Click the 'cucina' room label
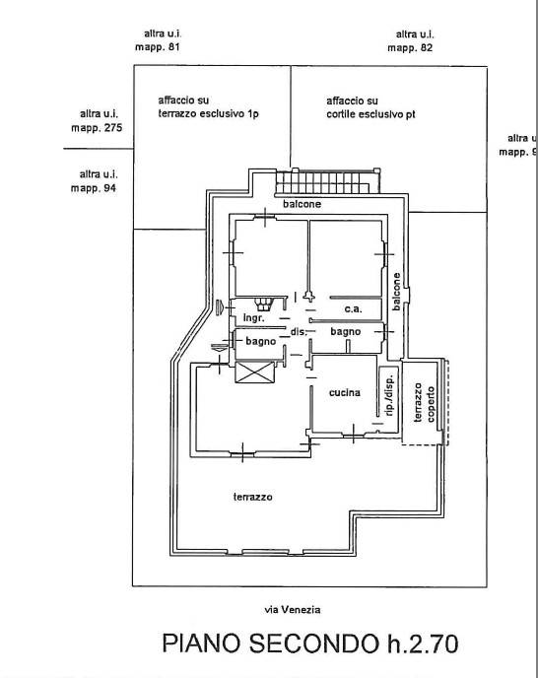(x=344, y=392)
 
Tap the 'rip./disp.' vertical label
(x=389, y=395)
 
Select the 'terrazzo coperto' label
(x=425, y=403)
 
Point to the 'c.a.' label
(x=354, y=309)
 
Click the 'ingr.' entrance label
(x=253, y=318)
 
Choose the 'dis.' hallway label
(x=299, y=332)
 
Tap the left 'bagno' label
(x=261, y=342)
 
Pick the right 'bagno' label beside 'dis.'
(x=346, y=332)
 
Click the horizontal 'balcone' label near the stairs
(x=302, y=204)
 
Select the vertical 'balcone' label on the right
(x=396, y=292)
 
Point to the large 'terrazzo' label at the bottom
(x=253, y=497)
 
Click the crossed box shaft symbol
(x=254, y=372)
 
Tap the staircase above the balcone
(x=328, y=181)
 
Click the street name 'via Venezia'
(x=293, y=610)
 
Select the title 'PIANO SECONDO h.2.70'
(x=310, y=644)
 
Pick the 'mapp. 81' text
(x=157, y=47)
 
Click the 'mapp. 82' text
(x=410, y=47)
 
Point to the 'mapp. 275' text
(x=97, y=128)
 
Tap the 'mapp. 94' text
(x=94, y=188)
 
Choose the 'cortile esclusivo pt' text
(x=370, y=114)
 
